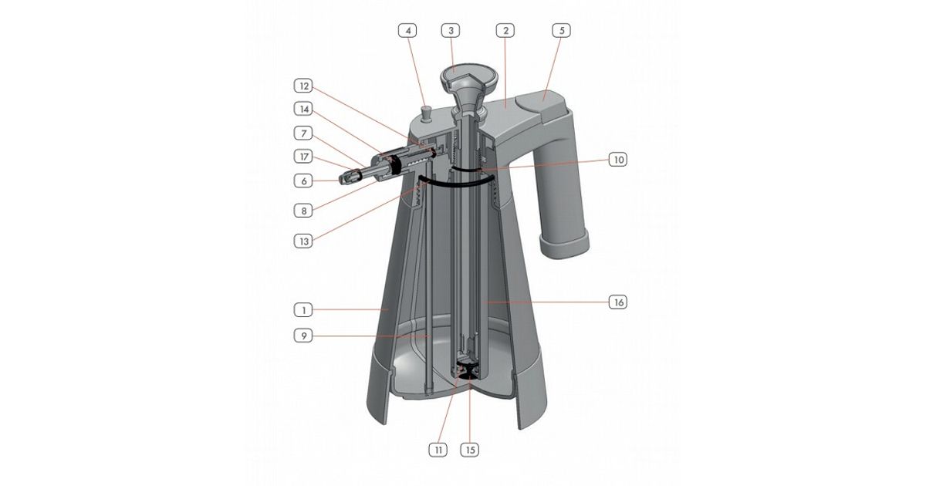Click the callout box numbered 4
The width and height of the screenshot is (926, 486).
pos(408,31)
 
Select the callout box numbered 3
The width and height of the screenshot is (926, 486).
pos(451,31)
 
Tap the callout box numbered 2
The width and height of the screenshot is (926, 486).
pos(505,31)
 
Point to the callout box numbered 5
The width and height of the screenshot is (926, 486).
pos(562,31)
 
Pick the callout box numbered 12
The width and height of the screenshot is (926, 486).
pos(303,86)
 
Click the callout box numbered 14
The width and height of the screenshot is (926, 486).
pos(303,109)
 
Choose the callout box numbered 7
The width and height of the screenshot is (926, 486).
pos(303,133)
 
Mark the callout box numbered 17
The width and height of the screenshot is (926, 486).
pos(303,157)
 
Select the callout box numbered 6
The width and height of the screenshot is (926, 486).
pos(303,181)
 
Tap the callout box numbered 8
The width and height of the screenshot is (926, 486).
pos(303,211)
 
